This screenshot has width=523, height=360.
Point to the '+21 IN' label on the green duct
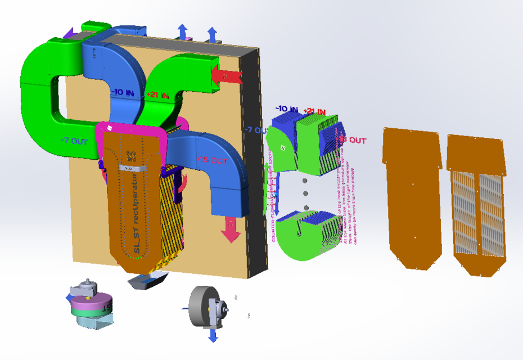pos(157,96)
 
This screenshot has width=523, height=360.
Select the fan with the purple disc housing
pos(90,305)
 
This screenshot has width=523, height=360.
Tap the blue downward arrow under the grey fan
pos(213,336)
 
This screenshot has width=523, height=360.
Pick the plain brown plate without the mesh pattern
pos(411,197)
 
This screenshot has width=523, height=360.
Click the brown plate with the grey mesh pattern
pos(479,202)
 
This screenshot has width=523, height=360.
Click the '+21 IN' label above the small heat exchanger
pos(314,111)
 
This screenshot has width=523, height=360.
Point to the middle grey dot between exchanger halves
pos(305,194)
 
